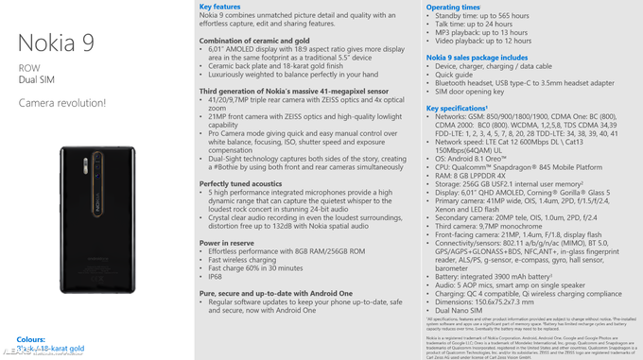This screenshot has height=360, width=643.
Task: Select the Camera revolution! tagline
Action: click(59, 102)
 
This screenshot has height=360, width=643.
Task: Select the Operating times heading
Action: click(457, 7)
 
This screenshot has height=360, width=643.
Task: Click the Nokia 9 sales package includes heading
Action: click(477, 57)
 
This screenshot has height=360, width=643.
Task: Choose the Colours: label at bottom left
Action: click(30, 337)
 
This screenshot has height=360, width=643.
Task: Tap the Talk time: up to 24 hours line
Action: click(488, 24)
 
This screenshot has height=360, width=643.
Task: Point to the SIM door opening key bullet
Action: click(479, 92)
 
